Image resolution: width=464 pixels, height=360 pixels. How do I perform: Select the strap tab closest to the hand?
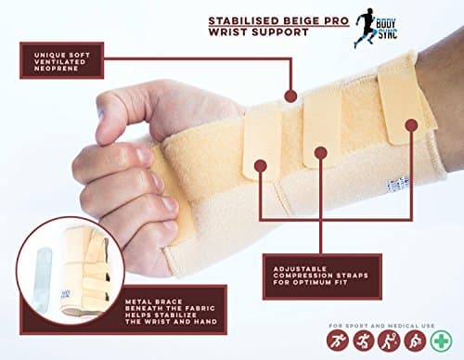[x=262, y=139]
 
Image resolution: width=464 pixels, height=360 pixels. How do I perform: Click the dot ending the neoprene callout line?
[x=290, y=95]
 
